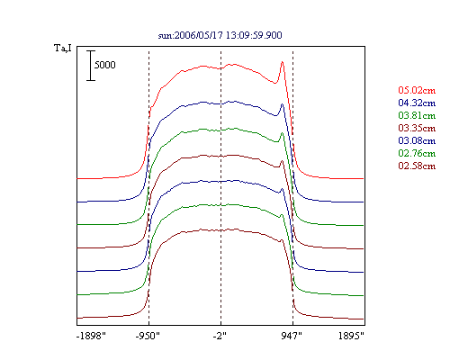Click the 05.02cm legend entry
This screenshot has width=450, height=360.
pyautogui.click(x=417, y=90)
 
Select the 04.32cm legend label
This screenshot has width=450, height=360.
pyautogui.click(x=417, y=103)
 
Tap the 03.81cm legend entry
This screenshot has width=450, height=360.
pyautogui.click(x=417, y=115)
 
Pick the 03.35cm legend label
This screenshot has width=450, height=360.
pyautogui.click(x=417, y=128)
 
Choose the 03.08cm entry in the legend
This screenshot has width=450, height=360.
pyautogui.click(x=417, y=140)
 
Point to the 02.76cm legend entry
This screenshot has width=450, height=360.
pyautogui.click(x=417, y=153)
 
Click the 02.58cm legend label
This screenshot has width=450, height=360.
pyautogui.click(x=417, y=166)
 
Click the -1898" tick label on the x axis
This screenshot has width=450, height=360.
pyautogui.click(x=91, y=336)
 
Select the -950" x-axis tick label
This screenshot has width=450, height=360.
pyautogui.click(x=148, y=336)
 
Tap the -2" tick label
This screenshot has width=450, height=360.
pyautogui.click(x=220, y=336)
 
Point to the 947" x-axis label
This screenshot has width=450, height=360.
pyautogui.click(x=292, y=336)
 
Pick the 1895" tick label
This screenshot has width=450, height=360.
pyautogui.click(x=351, y=336)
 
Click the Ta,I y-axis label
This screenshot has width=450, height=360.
pyautogui.click(x=63, y=48)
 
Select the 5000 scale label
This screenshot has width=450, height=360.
pyautogui.click(x=105, y=65)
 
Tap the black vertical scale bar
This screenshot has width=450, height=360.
pyautogui.click(x=91, y=66)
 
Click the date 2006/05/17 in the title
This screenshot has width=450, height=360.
pyautogui.click(x=199, y=35)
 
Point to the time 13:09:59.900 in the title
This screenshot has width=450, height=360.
pyautogui.click(x=254, y=35)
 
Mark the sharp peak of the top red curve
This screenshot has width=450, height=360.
pyautogui.click(x=283, y=62)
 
